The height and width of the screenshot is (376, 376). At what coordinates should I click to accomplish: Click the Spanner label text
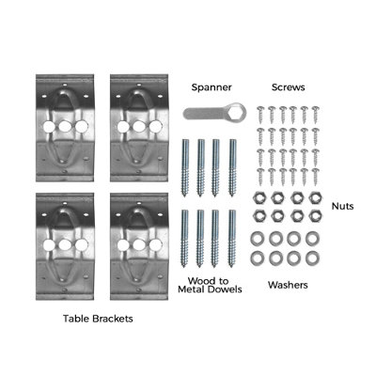click(x=211, y=87)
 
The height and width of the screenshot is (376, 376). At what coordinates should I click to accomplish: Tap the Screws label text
click(x=288, y=87)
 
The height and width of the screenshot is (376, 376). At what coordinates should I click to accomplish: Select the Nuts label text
click(x=342, y=206)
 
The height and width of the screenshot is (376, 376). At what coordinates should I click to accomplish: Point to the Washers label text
click(x=288, y=285)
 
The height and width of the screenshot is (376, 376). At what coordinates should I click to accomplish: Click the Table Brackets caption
click(x=98, y=319)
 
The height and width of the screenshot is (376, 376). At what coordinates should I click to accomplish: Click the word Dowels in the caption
click(x=226, y=289)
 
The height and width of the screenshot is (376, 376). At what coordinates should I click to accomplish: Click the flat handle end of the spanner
click(x=189, y=113)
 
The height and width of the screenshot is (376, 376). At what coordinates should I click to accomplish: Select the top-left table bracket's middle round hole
click(x=65, y=126)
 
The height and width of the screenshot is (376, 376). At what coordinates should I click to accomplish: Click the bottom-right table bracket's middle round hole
click(x=139, y=244)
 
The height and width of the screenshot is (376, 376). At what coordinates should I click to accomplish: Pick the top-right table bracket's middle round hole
click(x=139, y=126)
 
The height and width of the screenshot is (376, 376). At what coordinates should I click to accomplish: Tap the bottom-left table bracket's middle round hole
click(x=65, y=244)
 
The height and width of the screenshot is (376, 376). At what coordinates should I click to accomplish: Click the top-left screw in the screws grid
click(x=261, y=115)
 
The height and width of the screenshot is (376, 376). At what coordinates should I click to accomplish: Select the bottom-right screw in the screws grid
click(x=315, y=177)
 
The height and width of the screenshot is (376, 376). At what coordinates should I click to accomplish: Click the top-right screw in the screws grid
click(x=315, y=115)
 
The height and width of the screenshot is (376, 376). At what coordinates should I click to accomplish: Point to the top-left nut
click(x=258, y=198)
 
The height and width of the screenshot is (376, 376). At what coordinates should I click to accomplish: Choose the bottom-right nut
click(x=315, y=215)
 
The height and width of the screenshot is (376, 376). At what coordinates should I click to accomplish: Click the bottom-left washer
click(x=258, y=258)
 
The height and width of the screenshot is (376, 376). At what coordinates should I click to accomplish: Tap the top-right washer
click(x=312, y=239)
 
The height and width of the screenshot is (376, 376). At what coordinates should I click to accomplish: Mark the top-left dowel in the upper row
click(x=185, y=167)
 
